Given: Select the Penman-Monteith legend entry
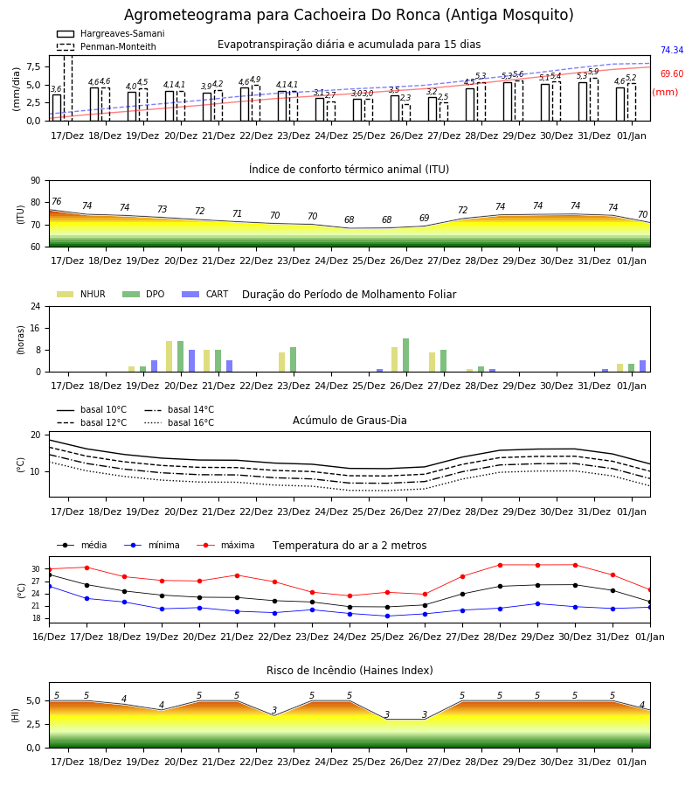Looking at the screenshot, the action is pos(107,46).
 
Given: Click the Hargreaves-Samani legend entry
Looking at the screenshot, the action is pos(111,33).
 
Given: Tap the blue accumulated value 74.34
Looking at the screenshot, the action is pos(672,50).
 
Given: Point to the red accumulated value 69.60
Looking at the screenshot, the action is pos(672,73).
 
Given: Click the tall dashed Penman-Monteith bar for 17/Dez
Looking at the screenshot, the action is pos(68,88).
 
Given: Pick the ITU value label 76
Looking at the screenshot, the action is pos(57,201).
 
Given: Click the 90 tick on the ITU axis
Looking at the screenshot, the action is pos(36,181).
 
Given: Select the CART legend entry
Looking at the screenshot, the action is pos(205,294).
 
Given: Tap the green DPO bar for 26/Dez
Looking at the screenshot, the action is pos(405,355).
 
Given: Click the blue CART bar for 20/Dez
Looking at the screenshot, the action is pos(191,361).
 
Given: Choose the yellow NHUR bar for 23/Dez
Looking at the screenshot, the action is pos(282,362).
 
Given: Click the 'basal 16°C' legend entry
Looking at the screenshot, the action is pos(179,422).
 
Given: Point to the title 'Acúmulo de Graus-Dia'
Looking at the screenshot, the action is pos(349,421).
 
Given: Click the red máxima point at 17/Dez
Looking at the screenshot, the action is pos(87,568).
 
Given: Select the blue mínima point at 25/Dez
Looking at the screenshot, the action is pos(387,616).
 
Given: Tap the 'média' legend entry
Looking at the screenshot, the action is pos(82,545).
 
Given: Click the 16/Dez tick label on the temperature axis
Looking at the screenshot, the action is pos(49,637).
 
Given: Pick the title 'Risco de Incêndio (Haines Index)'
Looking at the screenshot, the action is pos(349,671).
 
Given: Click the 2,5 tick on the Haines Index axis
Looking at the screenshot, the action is pos(33,724).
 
